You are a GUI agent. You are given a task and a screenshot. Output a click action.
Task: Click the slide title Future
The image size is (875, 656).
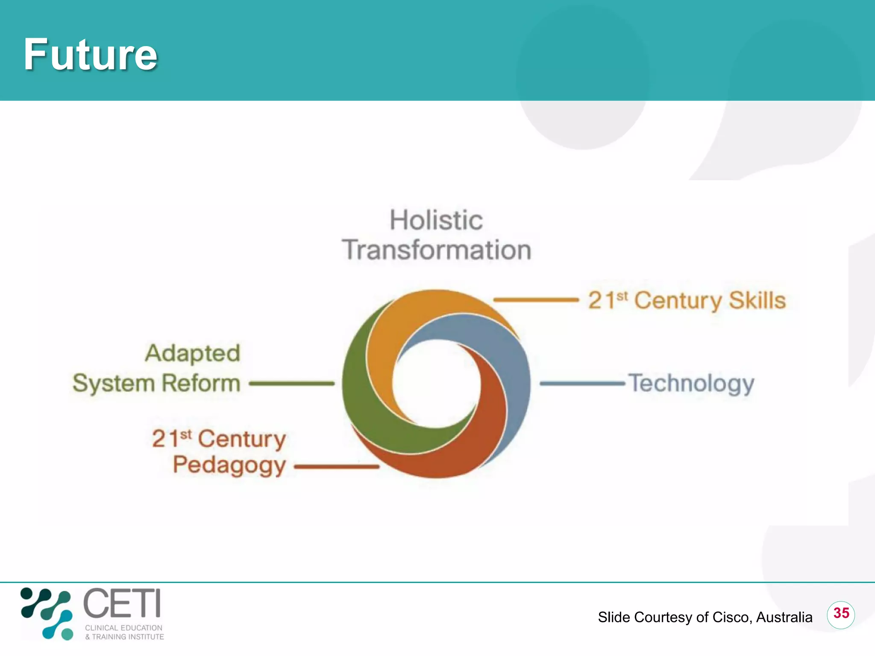91,55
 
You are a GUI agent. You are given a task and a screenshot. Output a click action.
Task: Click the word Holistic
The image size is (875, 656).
436,220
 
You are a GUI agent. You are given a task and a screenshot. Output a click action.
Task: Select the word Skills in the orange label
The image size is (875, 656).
757,300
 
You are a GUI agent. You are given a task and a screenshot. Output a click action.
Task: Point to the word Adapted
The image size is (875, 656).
193,354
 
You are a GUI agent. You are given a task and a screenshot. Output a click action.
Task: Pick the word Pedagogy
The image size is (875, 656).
229,465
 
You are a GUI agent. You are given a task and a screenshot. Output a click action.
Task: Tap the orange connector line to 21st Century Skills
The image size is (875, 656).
536,300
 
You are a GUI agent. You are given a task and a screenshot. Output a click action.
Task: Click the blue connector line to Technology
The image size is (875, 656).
583,384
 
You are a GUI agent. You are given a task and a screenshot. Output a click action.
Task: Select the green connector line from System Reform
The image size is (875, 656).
292,384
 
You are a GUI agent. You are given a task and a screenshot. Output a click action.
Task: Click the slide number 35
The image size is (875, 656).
841,613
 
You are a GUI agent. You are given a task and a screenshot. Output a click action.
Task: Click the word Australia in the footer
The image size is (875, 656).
784,618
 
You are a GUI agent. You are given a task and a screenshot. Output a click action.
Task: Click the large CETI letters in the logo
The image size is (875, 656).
122,603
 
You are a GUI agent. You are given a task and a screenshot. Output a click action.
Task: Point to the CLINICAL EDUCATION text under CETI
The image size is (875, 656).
123,628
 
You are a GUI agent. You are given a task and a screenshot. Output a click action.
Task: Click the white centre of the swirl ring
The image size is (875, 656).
436,384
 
